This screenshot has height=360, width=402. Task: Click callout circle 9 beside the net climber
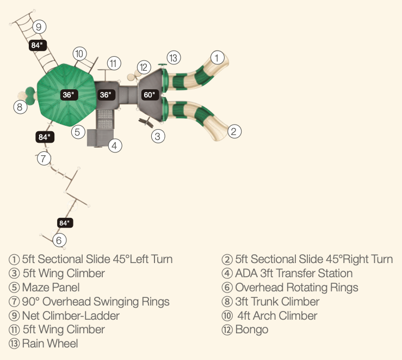pyautogui.click(x=38, y=26)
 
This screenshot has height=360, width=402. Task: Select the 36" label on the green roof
pyautogui.click(x=68, y=95)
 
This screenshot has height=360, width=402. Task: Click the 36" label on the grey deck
pyautogui.click(x=106, y=95)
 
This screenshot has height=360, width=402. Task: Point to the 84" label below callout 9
pyautogui.click(x=36, y=46)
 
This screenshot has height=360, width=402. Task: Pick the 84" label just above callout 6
pyautogui.click(x=65, y=223)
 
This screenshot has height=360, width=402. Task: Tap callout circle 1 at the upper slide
pyautogui.click(x=217, y=57)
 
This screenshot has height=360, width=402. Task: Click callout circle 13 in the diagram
pyautogui.click(x=173, y=57)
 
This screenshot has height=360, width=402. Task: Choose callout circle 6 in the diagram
pyautogui.click(x=60, y=240)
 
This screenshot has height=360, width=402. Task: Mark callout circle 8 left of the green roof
pyautogui.click(x=20, y=107)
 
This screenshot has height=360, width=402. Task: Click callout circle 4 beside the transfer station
pyautogui.click(x=114, y=145)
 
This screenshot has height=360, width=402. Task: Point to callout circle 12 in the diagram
pyautogui.click(x=144, y=68)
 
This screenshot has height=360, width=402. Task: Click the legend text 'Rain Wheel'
pyautogui.click(x=50, y=344)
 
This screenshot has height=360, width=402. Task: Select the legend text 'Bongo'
pyautogui.click(x=252, y=330)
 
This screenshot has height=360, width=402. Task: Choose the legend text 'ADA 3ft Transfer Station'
pyautogui.click(x=294, y=273)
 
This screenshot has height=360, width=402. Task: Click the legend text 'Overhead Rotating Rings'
pyautogui.click(x=296, y=287)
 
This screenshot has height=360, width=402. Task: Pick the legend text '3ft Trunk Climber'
pyautogui.click(x=277, y=301)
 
